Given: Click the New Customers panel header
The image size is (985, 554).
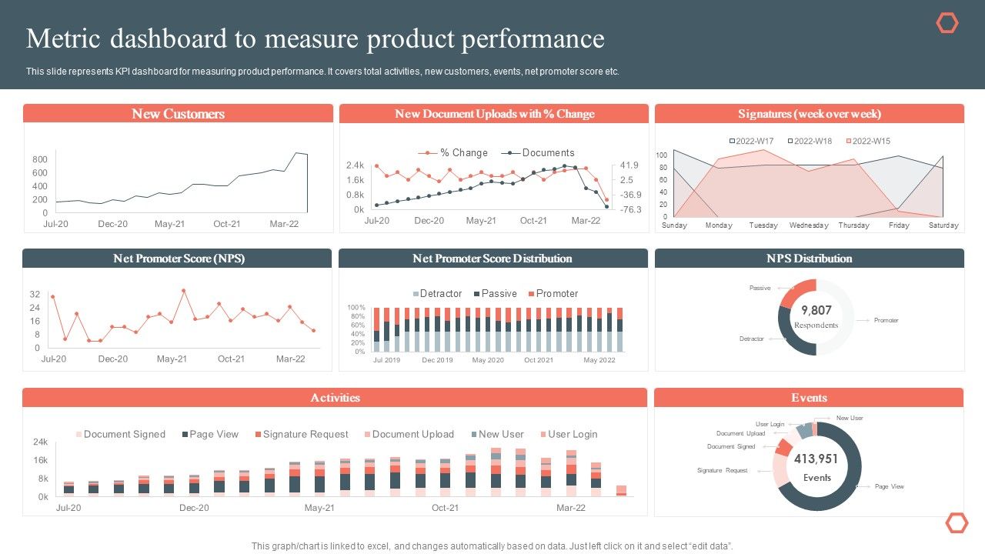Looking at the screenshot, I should point(178,114).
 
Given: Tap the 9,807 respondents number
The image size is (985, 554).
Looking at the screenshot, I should point(816,310).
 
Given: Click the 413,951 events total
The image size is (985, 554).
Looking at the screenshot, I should point(816,459).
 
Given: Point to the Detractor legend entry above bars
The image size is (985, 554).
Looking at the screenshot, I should point(437,294).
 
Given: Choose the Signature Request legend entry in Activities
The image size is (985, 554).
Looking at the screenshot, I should point(301,435).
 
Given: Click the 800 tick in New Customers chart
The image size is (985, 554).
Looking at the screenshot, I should point(40,159).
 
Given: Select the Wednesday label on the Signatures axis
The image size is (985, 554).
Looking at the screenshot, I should point(809,225).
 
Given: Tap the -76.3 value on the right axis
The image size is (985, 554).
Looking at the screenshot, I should point(630,209).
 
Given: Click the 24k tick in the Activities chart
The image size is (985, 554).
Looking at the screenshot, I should point(41,442).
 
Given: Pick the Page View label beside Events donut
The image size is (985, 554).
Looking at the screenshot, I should point(890,486).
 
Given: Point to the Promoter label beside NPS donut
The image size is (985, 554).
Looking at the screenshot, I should point(886,320).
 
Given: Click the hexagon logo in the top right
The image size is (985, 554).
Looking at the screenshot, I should point(947,24).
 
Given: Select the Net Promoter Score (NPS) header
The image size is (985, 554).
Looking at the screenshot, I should point(178,259).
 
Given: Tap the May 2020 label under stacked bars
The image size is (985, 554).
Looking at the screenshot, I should point(488,360).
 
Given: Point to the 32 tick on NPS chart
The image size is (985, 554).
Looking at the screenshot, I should point(35,295).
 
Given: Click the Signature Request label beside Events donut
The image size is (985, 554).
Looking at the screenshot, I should point(722,470).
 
